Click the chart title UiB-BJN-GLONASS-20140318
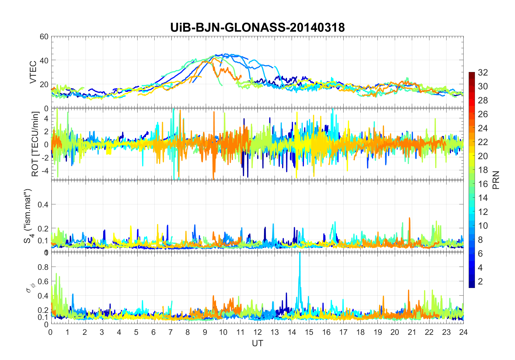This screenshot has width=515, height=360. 257,28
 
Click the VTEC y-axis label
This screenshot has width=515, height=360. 33,72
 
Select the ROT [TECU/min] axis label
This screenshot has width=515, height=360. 35,144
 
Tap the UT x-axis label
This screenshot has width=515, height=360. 257,343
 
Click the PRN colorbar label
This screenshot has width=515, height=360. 496,180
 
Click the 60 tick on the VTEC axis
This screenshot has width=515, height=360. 44,37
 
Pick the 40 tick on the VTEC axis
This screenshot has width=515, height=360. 44,60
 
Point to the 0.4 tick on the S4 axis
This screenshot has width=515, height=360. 43,204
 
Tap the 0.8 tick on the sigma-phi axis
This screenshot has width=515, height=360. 43,267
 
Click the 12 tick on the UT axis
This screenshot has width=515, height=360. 257,332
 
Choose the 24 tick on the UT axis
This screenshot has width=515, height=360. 463,332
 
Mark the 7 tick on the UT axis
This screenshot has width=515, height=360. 171,332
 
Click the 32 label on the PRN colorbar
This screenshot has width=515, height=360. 483,72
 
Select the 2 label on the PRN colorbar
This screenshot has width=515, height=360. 480,281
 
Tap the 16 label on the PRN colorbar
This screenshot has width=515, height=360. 483,184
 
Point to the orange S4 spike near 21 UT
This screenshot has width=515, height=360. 409,219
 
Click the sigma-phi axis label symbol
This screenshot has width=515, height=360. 30,287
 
